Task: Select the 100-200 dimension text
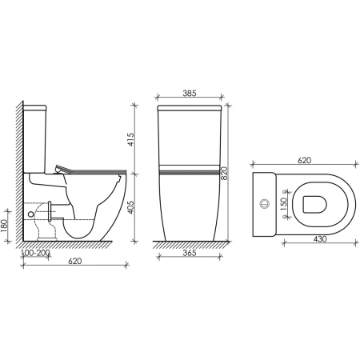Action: point(36,253)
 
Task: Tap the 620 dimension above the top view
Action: point(303,161)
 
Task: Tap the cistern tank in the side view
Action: point(38,136)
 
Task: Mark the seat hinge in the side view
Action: point(63,167)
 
